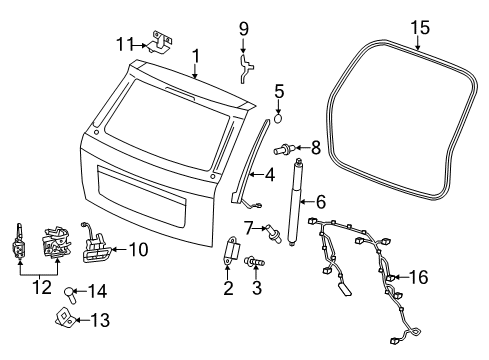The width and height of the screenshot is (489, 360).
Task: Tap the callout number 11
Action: (x=123, y=43)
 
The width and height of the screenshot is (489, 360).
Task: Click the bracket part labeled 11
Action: (x=158, y=40)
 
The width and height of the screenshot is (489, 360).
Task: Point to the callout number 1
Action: (x=197, y=57)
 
